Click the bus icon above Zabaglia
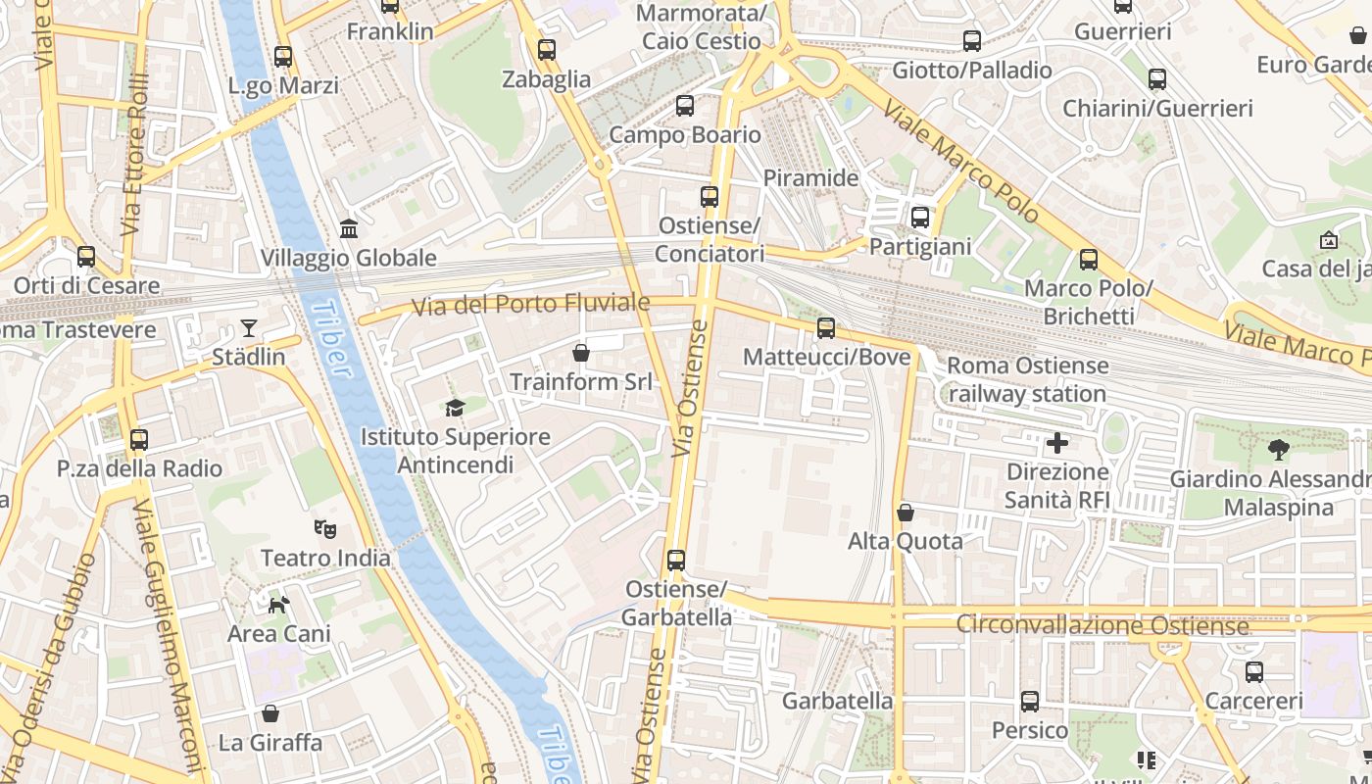click(x=547, y=49)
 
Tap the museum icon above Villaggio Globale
click(x=349, y=228)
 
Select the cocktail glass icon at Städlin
click(x=249, y=327)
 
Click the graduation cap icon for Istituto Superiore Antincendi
click(x=455, y=408)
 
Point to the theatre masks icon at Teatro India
click(x=325, y=529)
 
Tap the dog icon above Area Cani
click(x=279, y=605)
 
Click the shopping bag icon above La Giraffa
click(x=270, y=713)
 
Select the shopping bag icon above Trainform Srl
click(x=581, y=352)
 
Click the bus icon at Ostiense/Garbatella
click(x=676, y=561)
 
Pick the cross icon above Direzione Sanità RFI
click(x=1057, y=443)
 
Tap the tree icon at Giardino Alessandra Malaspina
click(x=1278, y=450)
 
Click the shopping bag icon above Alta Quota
click(x=906, y=513)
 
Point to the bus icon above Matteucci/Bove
click(x=826, y=328)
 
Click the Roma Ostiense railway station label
click(x=1028, y=379)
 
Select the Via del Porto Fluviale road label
click(x=530, y=305)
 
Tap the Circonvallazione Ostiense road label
click(x=1102, y=624)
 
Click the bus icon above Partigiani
click(x=920, y=218)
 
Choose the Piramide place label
click(x=810, y=178)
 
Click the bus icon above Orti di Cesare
click(x=86, y=257)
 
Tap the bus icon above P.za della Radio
click(x=139, y=440)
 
